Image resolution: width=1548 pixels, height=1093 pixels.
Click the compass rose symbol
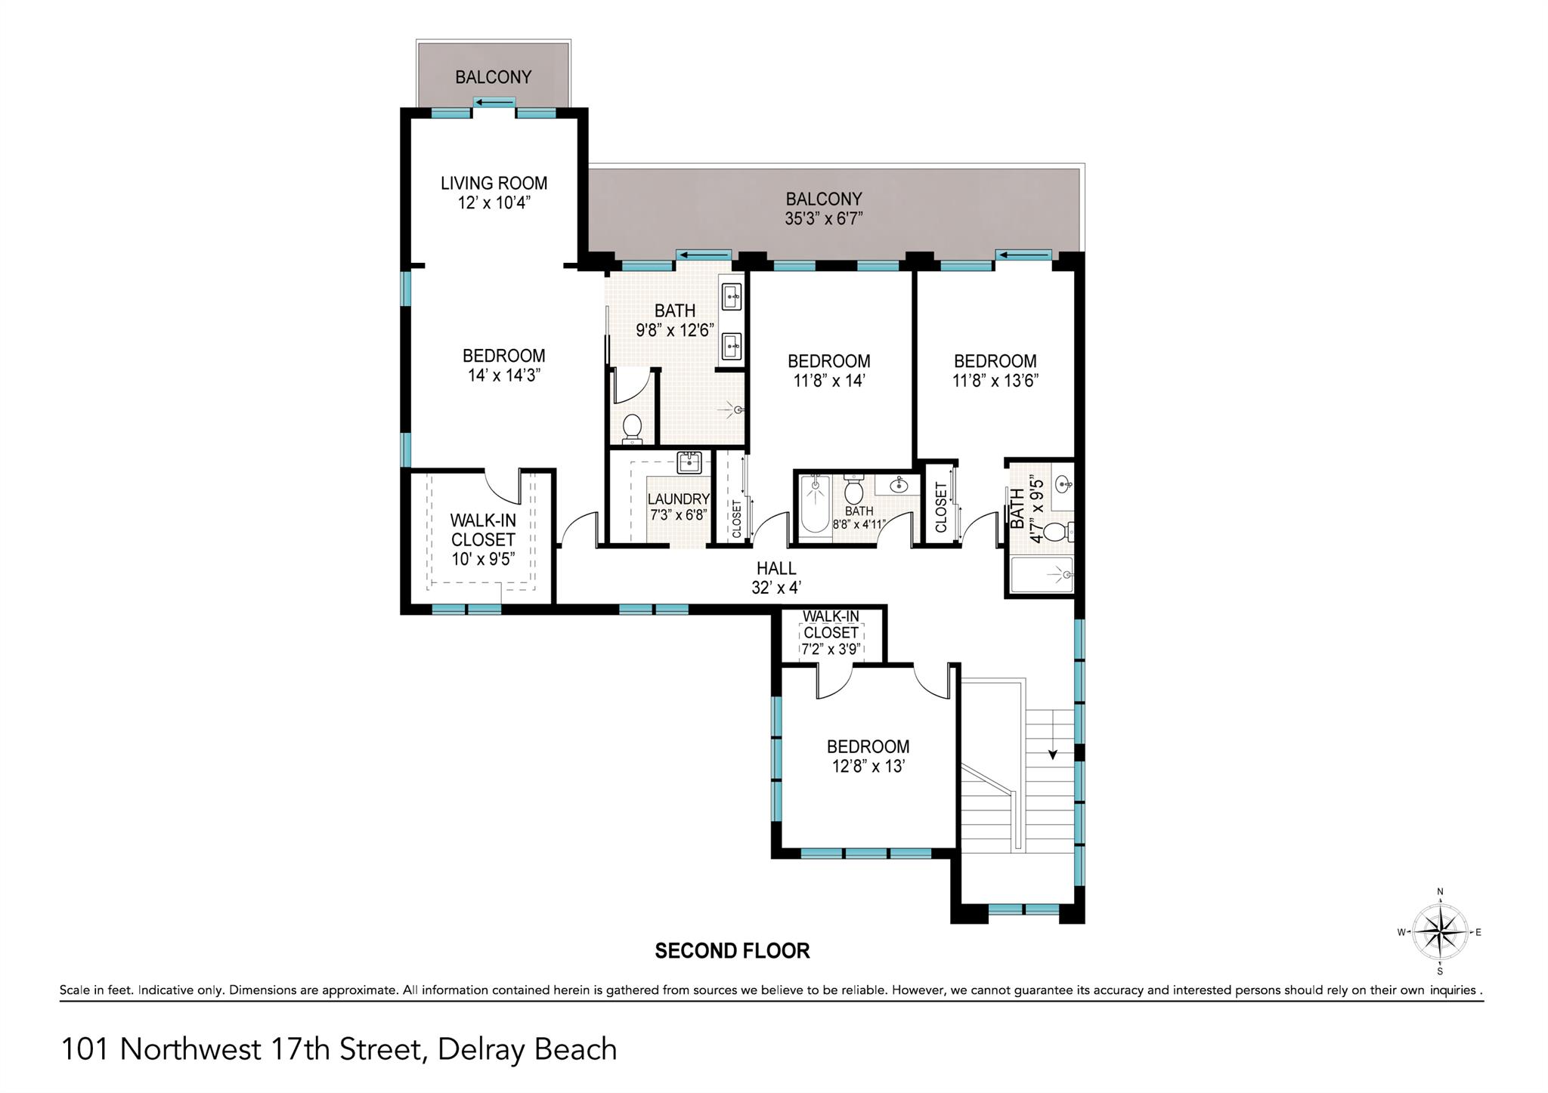pos(1440,932)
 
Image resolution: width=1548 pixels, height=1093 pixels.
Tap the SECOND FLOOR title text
pos(732,950)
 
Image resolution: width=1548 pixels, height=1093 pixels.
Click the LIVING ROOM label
pos(494,184)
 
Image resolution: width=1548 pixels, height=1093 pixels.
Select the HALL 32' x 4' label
pos(776,578)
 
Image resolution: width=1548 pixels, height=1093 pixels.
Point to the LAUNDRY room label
pos(678,499)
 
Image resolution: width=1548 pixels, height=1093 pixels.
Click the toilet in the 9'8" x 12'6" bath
pos(632,428)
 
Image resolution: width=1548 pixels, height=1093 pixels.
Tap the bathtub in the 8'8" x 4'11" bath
pos(814,505)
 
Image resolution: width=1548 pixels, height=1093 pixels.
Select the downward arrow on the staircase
pos(1051,753)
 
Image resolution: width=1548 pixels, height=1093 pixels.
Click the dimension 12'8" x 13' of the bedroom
pos(868,766)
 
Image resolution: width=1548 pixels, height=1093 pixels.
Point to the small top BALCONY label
pos(493,77)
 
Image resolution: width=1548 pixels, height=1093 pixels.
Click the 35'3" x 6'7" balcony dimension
pos(824,219)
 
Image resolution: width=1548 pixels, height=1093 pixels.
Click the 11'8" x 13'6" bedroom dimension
pos(995,381)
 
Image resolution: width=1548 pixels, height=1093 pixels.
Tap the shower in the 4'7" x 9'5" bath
pos(1042,576)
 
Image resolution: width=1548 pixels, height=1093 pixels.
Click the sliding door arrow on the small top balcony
pos(494,103)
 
